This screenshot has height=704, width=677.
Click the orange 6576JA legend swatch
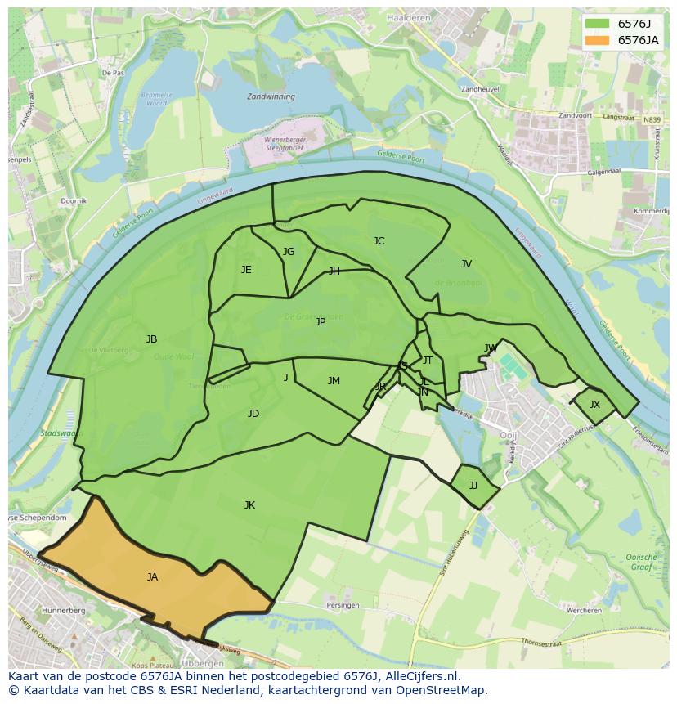pyautogui.click(x=598, y=40)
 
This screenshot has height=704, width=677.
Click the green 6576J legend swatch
pyautogui.click(x=598, y=24)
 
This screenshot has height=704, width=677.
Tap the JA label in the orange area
pyautogui.click(x=152, y=577)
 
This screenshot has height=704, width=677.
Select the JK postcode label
pyautogui.click(x=249, y=505)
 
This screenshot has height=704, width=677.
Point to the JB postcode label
pyautogui.click(x=151, y=339)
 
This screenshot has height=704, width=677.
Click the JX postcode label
pyautogui.click(x=594, y=405)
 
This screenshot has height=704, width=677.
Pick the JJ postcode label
pyautogui.click(x=473, y=486)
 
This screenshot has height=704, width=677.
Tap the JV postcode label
pyautogui.click(x=466, y=264)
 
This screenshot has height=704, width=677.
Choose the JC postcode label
pyautogui.click(x=379, y=241)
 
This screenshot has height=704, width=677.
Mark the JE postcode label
pyautogui.click(x=246, y=270)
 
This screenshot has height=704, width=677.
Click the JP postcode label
pyautogui.click(x=321, y=322)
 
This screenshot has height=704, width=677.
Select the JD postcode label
pyautogui.click(x=253, y=414)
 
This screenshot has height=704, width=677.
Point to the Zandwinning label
pyautogui.click(x=271, y=96)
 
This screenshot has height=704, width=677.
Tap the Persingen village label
pyautogui.click(x=343, y=605)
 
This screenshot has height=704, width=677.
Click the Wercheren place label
pyautogui.click(x=584, y=610)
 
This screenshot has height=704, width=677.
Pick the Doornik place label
pyautogui.click(x=74, y=200)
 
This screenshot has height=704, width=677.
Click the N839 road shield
pyautogui.click(x=652, y=120)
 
